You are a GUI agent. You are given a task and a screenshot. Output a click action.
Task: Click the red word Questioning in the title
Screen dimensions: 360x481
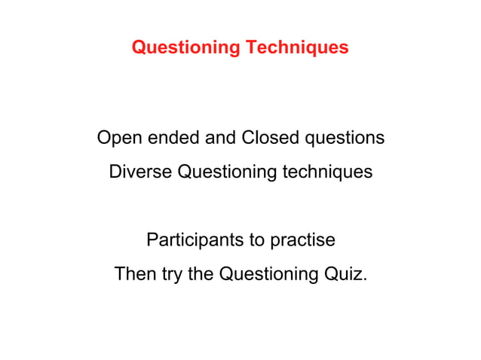point(185,48)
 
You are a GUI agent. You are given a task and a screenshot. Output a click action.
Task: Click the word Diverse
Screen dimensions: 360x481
point(139,172)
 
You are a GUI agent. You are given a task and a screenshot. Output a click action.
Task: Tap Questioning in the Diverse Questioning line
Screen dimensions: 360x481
point(227,172)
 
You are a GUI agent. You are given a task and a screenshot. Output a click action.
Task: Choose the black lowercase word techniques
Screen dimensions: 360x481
point(327,172)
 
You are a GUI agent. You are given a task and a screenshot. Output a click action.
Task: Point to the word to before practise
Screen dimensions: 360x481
point(256,241)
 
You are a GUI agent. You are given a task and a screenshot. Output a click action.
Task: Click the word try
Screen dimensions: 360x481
point(172,275)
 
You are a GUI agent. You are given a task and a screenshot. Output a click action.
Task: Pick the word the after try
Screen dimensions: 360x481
point(201,274)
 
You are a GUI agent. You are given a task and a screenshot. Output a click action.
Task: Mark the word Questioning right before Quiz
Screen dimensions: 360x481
point(268,275)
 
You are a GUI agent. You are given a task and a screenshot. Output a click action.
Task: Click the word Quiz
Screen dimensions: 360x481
point(343,274)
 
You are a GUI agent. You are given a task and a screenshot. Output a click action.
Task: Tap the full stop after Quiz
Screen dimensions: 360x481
point(366,279)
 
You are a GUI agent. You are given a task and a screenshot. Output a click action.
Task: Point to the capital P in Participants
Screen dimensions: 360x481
point(152,241)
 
